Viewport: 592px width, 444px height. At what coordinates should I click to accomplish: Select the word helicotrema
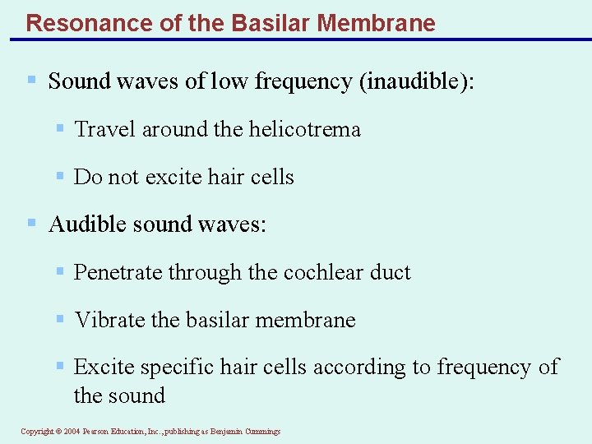coord(311,130)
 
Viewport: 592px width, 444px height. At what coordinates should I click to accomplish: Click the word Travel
coord(99,130)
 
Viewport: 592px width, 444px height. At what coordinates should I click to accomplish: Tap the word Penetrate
coord(118,273)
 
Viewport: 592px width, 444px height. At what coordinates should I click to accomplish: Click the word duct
coord(391,273)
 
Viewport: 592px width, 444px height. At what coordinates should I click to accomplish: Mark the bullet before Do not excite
coord(60,176)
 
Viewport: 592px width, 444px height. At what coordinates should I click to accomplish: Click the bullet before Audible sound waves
coord(32,223)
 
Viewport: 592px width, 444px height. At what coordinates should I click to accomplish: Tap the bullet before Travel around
coord(60,128)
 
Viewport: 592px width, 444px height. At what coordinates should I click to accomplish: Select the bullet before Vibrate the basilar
coord(60,318)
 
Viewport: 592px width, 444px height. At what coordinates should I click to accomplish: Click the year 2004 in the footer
coord(72,432)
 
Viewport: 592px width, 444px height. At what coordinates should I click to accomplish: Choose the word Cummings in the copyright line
coord(261,432)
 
